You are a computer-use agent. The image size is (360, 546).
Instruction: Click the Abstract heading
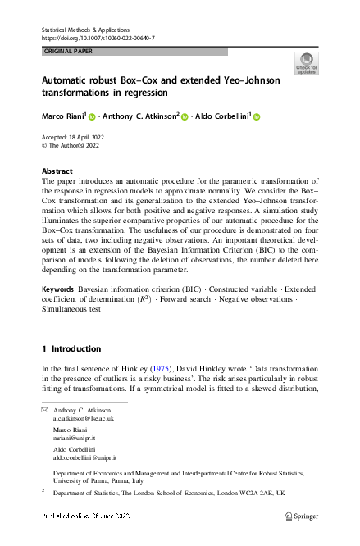tap(57, 171)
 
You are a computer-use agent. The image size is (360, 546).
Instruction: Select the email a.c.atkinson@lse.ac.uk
tap(77, 418)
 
